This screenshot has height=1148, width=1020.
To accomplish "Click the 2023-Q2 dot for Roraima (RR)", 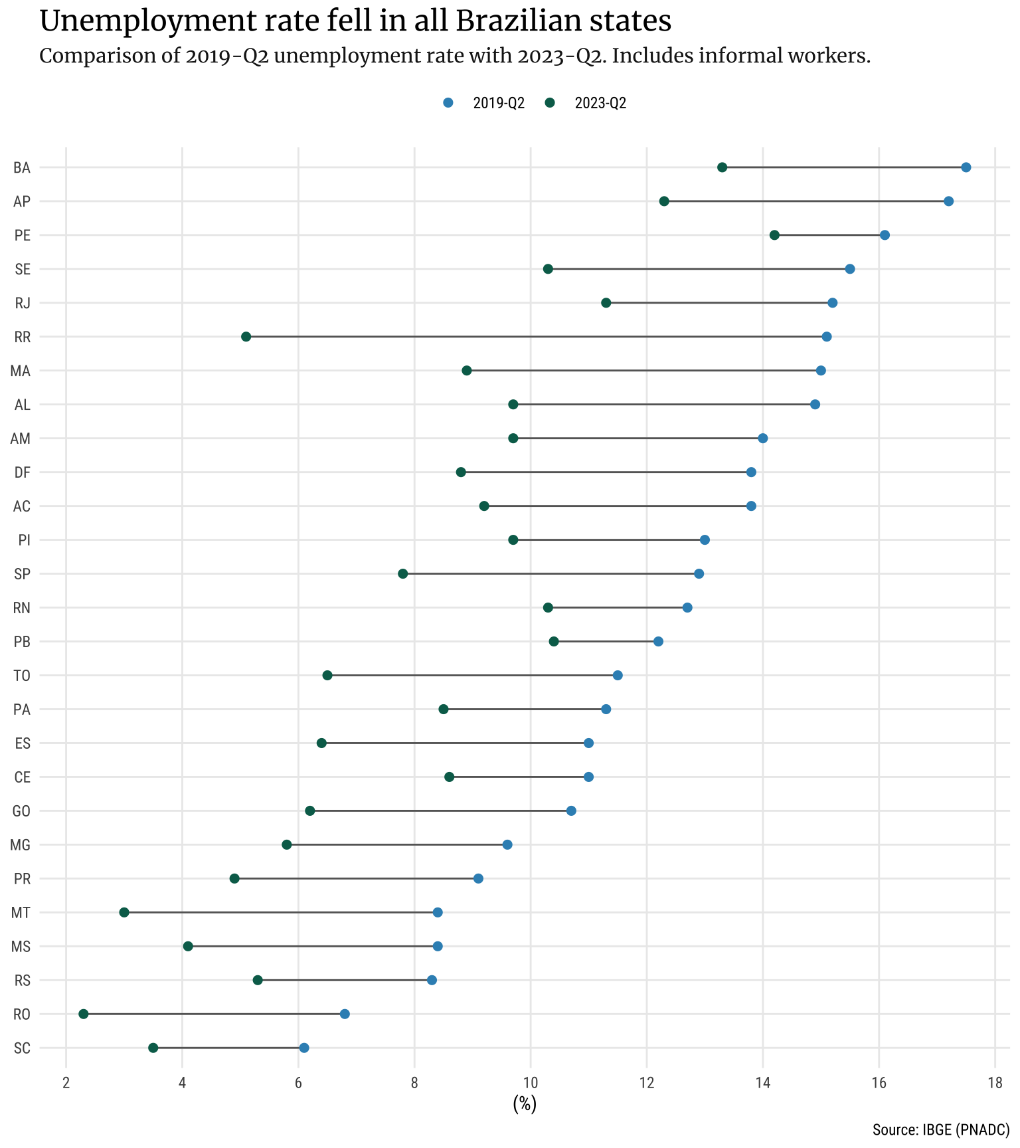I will coord(246,337).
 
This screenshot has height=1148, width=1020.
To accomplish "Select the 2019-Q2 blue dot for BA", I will coord(966,167).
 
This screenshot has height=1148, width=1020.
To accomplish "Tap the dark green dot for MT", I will coord(124,912).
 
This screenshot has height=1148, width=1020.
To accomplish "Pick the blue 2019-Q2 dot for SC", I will coord(304,1048).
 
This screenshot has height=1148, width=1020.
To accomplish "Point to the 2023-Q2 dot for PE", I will coord(774,235).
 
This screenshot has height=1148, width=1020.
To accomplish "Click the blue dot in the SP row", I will coord(699,574).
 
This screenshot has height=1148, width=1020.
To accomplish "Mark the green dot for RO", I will coord(84,1014).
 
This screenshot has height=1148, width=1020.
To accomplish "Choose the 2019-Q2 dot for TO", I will coord(618,676).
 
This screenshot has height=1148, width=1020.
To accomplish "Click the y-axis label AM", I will coord(21,438).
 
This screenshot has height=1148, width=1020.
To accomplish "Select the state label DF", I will coord(22,472).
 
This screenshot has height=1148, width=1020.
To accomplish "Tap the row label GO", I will coord(22,811).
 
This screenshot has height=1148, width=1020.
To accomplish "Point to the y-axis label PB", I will coord(22,642).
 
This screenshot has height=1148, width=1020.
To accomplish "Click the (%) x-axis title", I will coord(525,1104).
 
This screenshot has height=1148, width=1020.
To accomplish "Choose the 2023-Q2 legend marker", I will coord(550,103).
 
